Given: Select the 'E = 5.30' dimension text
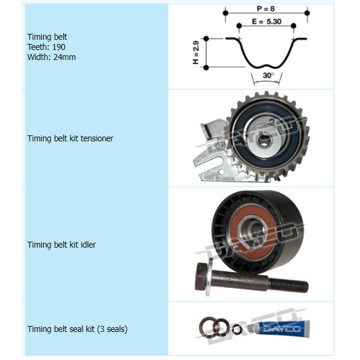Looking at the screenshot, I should (x=266, y=22).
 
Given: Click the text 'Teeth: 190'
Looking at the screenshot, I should (x=48, y=46).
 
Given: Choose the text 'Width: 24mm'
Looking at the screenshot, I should (x=52, y=57).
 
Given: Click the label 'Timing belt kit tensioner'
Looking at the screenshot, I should (x=71, y=138).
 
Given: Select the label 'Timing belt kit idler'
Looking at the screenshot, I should (x=61, y=245).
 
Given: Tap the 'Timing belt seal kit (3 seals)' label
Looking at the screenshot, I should (x=77, y=329).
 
